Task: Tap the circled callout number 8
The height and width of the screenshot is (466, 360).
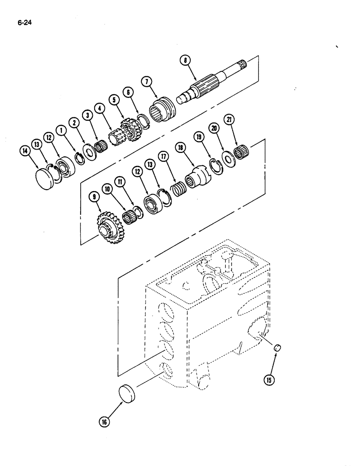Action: tap(186, 60)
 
